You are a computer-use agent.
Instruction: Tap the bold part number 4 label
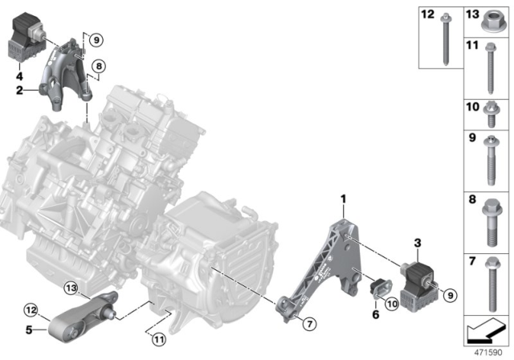[18, 77]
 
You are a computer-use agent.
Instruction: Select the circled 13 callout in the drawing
[71, 288]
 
